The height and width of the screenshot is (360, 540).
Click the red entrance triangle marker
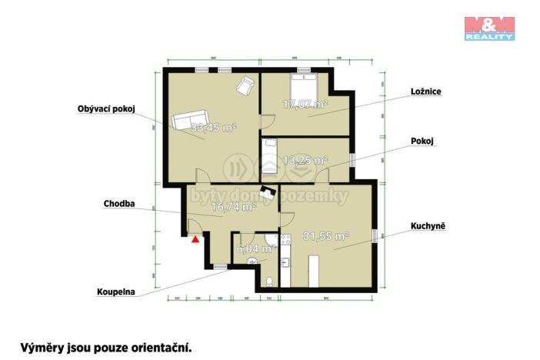196,238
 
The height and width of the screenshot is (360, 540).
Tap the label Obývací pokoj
106,108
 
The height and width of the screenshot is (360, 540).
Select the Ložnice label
425,91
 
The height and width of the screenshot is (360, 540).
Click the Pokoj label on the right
422,142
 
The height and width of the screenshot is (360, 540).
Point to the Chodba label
119,204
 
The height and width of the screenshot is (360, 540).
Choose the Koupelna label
116,292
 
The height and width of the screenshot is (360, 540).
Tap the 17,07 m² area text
305,103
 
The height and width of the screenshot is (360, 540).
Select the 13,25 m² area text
305,161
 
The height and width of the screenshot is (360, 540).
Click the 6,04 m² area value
256,248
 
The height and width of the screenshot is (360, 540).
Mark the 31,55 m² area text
325,236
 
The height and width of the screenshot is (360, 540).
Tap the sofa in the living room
188,121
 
